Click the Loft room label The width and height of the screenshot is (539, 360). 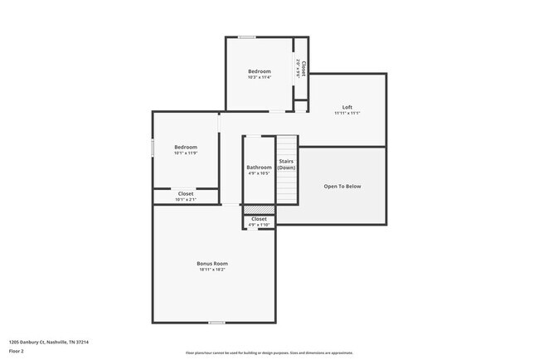[347, 107]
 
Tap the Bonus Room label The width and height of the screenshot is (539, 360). [212, 263]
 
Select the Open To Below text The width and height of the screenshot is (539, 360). [342, 187]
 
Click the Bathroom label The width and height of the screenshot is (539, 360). [259, 168]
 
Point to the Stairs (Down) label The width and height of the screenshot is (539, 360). [286, 164]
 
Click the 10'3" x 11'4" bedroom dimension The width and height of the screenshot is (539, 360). [259, 79]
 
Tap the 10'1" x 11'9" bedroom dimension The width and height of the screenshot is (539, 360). [186, 153]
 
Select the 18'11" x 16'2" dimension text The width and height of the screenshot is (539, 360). [212, 270]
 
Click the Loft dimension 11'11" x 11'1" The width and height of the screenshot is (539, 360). [347, 113]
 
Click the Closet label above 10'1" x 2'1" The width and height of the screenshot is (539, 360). [186, 193]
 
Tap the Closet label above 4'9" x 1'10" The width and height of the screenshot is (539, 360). [259, 219]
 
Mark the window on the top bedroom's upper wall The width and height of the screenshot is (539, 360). [247, 37]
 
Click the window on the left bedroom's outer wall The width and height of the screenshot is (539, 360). [153, 147]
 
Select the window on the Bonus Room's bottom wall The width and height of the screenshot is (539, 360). [216, 323]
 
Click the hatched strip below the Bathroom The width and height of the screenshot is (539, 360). [259, 209]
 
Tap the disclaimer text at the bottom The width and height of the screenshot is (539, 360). [269, 352]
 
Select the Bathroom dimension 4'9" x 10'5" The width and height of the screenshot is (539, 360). [259, 173]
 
